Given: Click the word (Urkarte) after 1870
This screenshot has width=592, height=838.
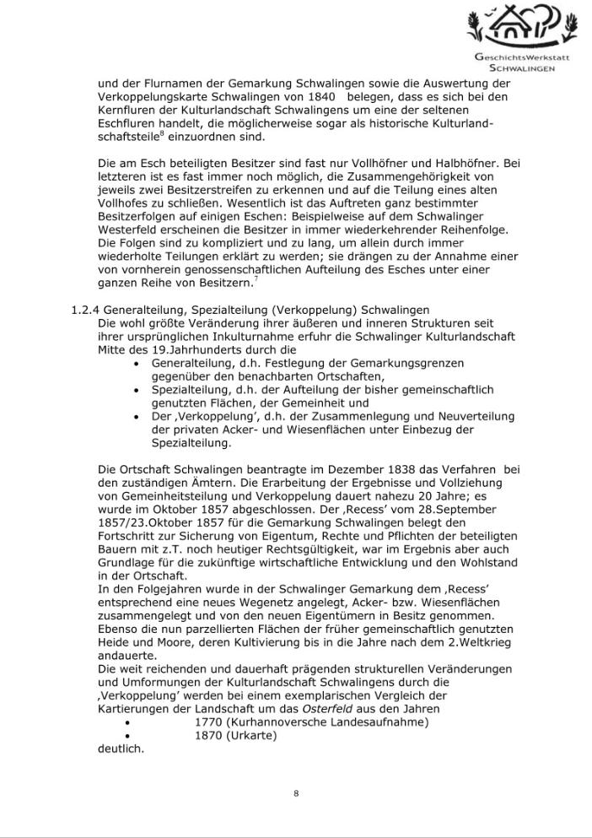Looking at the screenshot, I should tap(251, 735).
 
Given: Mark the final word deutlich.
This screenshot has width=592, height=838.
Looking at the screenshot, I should tap(121, 749).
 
